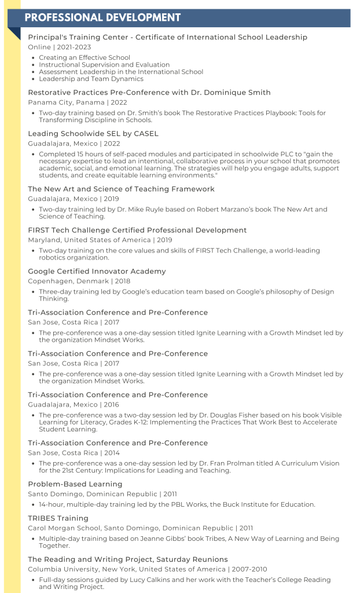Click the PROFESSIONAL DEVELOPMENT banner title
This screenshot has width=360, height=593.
[102, 17]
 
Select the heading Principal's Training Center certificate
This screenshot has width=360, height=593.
[167, 37]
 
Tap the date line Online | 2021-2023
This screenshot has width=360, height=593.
[59, 47]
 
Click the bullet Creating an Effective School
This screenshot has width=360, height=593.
[85, 58]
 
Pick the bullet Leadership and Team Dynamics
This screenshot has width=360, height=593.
[91, 79]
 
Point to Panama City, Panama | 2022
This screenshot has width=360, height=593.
[78, 103]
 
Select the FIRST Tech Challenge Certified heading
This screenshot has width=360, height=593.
[137, 230]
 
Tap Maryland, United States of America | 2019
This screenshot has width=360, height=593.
[100, 240]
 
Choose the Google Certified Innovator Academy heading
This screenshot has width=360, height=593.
[97, 271]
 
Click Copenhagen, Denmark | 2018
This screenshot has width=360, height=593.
[79, 281]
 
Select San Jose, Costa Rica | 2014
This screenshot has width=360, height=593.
[74, 453]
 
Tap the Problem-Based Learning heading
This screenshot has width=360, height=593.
[75, 484]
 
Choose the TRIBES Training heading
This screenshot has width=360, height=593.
[58, 518]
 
